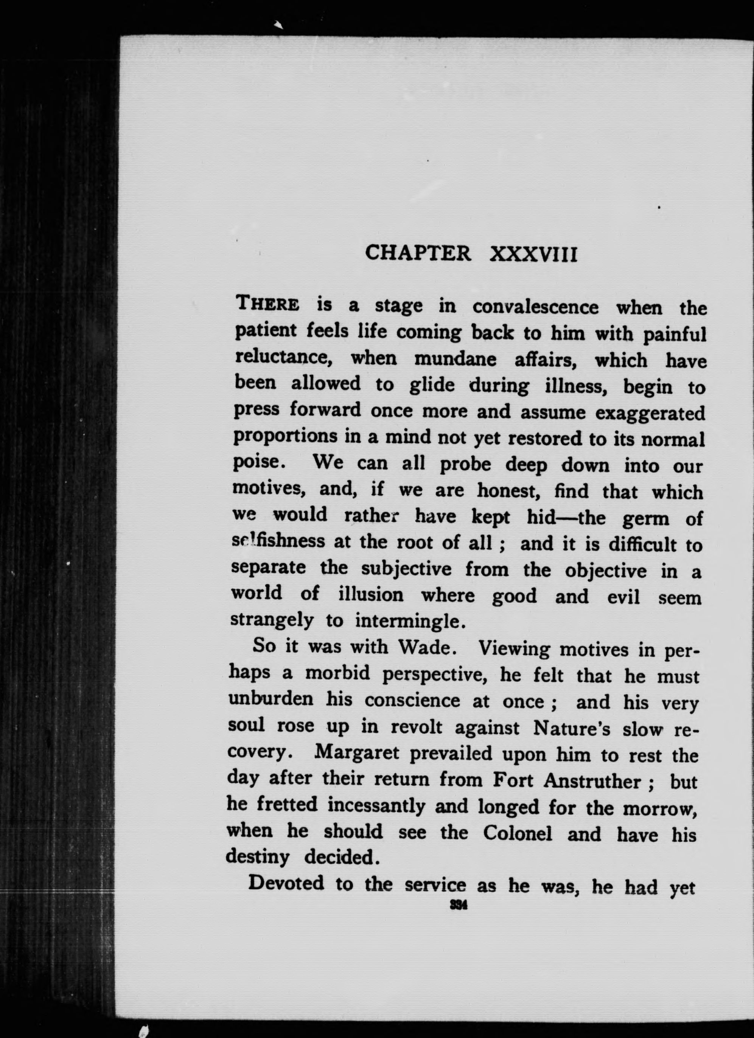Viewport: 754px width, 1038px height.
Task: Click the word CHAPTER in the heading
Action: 418,253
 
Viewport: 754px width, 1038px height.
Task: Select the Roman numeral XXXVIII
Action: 533,254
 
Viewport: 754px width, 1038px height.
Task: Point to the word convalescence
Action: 535,307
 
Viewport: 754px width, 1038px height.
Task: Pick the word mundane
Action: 455,359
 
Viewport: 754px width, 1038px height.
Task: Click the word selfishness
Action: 278,541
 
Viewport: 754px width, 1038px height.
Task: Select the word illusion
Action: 371,594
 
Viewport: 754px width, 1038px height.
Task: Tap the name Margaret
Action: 357,753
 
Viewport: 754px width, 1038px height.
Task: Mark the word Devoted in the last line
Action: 286,882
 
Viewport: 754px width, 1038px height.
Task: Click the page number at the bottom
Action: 458,905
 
